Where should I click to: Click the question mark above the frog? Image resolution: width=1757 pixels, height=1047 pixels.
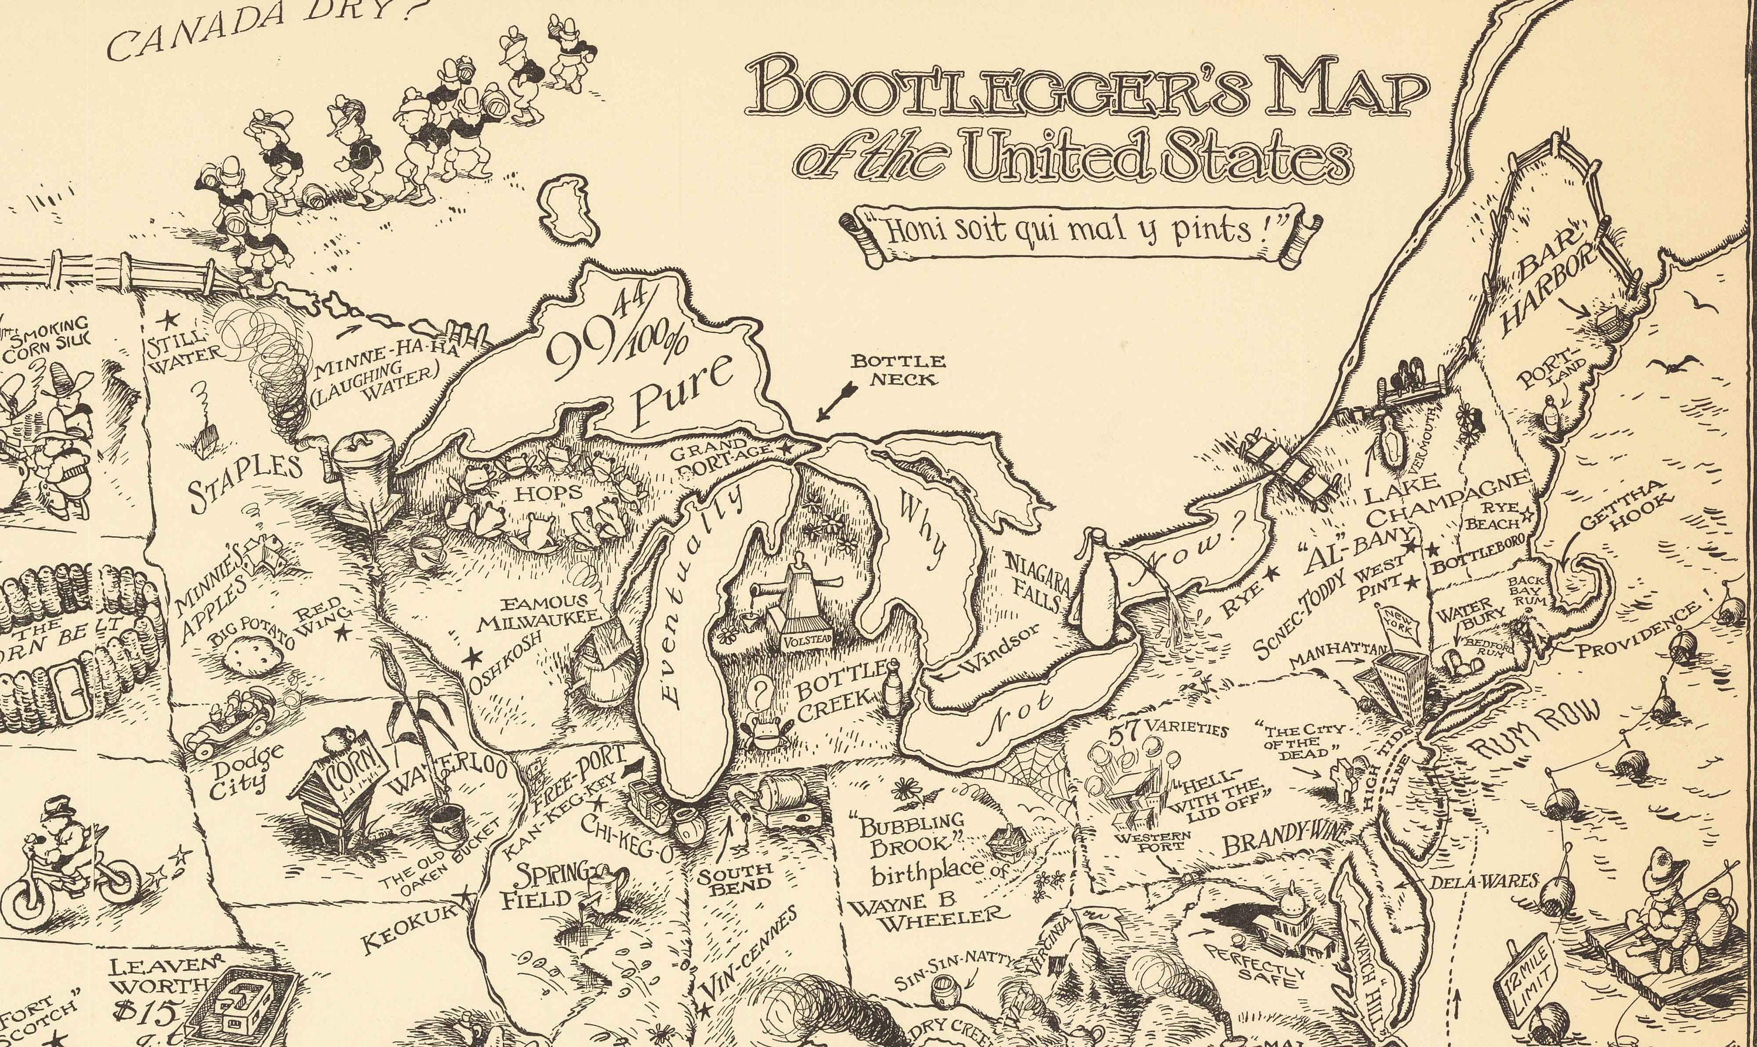tap(760, 692)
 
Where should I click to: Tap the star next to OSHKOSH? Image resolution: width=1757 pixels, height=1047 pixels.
tap(471, 658)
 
